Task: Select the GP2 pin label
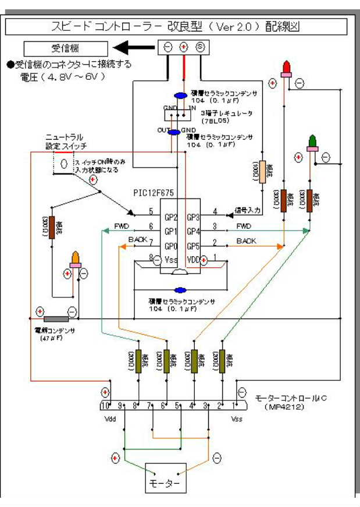click(171, 217)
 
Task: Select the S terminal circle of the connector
click(200, 47)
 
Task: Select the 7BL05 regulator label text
click(216, 121)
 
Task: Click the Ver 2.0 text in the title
click(227, 26)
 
